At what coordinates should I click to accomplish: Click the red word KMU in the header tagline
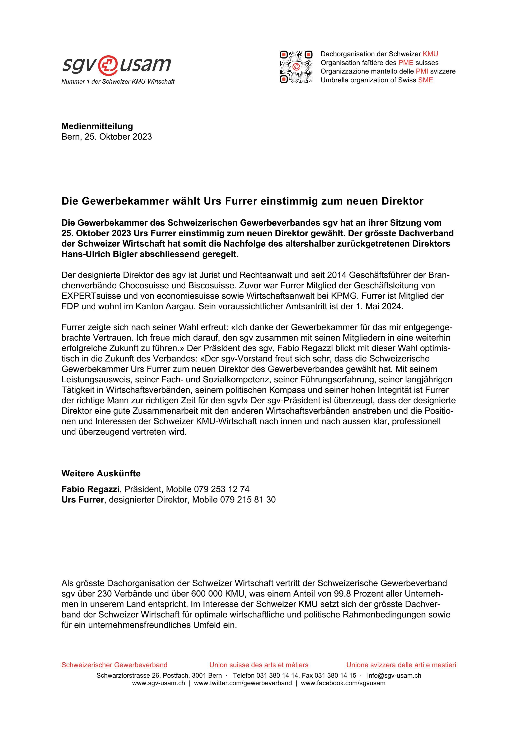[430, 54]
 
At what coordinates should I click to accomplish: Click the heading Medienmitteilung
[97, 126]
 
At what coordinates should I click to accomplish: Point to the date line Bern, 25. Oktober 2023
[107, 137]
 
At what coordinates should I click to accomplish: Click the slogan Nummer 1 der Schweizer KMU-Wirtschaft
[118, 82]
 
